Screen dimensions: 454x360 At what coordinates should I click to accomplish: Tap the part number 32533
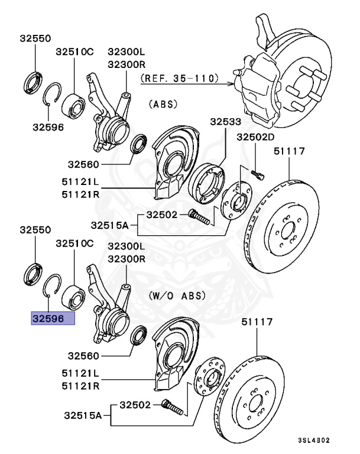click(225, 122)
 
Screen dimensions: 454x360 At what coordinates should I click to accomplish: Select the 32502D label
click(256, 137)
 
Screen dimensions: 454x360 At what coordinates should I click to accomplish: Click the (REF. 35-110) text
click(179, 77)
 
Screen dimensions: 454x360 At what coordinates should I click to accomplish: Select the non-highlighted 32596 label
click(48, 126)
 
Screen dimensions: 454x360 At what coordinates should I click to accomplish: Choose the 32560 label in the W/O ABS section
click(85, 356)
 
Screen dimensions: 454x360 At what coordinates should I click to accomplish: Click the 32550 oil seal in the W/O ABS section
click(33, 273)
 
